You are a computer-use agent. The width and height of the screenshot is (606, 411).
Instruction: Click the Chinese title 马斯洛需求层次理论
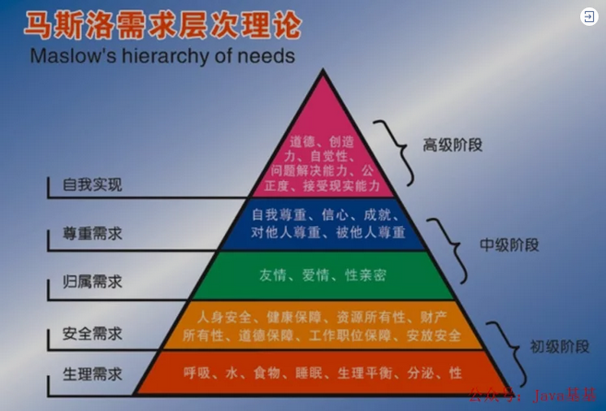click(x=162, y=23)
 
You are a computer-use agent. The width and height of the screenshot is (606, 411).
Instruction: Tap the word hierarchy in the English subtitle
click(x=175, y=56)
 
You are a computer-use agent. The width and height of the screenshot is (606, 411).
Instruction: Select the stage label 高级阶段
click(x=453, y=145)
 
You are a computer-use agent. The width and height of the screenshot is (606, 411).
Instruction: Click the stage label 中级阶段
click(x=509, y=245)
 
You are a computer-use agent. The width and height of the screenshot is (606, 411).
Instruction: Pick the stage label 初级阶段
click(x=559, y=347)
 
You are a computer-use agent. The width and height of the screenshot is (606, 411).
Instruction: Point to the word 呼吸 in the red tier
click(x=196, y=372)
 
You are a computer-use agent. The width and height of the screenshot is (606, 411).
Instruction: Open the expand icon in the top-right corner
click(x=588, y=17)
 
